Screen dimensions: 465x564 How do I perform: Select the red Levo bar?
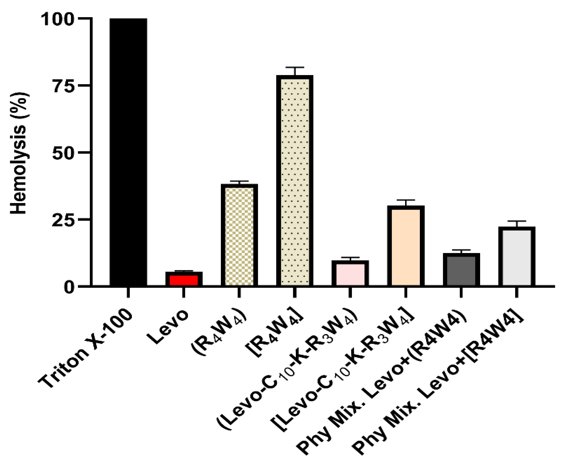pos(184,280)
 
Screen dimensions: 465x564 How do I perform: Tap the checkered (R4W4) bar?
pos(239,236)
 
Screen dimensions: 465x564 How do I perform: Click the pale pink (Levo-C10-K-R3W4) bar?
pos(350,274)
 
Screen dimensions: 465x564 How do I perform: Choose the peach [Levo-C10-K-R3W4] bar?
pos(406,246)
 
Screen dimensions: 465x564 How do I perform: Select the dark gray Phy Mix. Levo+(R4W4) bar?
pos(461,270)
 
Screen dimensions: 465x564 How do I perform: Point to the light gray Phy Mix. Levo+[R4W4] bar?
pos(517,257)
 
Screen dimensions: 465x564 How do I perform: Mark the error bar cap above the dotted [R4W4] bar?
pos(294,67)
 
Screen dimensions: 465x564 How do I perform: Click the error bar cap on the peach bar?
pos(406,200)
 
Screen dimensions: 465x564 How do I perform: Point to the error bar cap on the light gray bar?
pos(517,221)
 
